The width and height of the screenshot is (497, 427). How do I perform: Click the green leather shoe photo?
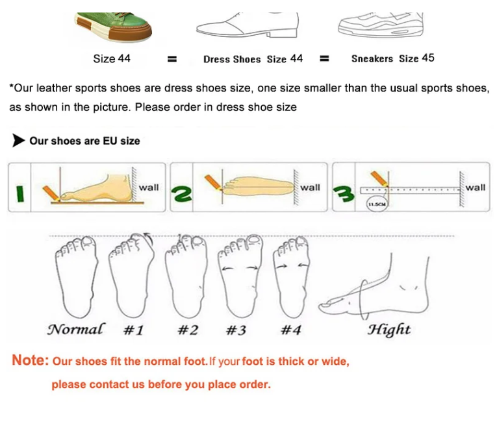pos(113,27)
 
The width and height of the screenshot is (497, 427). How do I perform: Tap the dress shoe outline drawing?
pos(248,25)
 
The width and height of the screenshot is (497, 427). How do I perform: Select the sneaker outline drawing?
pos(381,25)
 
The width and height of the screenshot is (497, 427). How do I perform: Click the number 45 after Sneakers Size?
pos(428,58)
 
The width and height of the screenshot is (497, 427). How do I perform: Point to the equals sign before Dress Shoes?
pos(172,59)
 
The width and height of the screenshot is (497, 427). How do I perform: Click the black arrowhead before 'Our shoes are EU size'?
pos(18,140)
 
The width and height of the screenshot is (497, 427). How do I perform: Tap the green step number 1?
pos(19,194)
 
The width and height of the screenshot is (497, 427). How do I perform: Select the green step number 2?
pos(181,193)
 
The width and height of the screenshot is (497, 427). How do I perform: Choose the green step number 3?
pos(344,194)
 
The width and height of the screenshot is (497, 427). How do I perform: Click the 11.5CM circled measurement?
pos(377,204)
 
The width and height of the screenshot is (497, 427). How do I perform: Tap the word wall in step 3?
pos(475,188)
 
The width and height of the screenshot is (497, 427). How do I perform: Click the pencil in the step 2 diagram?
pos(214,182)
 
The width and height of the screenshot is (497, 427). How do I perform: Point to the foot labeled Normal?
pos(77,277)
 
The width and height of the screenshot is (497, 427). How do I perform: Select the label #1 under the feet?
pos(133,330)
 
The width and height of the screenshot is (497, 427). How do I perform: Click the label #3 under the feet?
pos(236,330)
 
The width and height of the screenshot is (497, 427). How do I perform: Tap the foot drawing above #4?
pos(291,277)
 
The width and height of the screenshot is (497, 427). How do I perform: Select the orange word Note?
pos(30,360)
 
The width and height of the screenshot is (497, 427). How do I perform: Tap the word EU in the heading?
pos(110,141)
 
